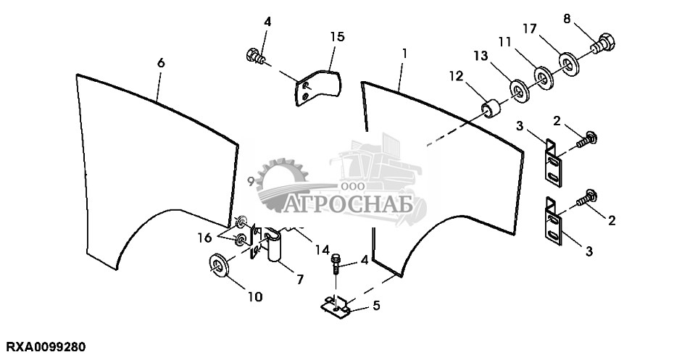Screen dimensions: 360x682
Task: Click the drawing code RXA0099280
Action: (46, 348)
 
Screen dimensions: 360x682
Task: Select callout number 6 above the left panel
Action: (161, 63)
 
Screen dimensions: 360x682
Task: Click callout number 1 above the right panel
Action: (404, 53)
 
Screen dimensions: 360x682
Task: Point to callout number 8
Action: (567, 18)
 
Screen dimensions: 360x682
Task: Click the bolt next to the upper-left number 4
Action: (256, 54)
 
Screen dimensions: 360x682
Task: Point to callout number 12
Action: (454, 75)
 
